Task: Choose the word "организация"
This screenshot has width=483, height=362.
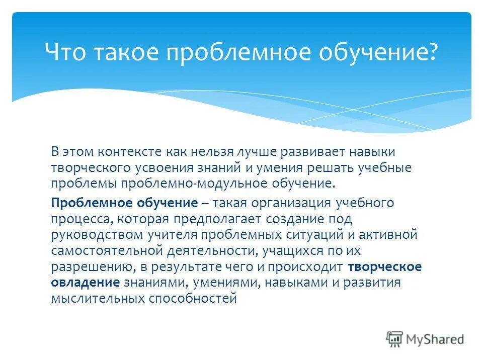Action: tap(288, 203)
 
